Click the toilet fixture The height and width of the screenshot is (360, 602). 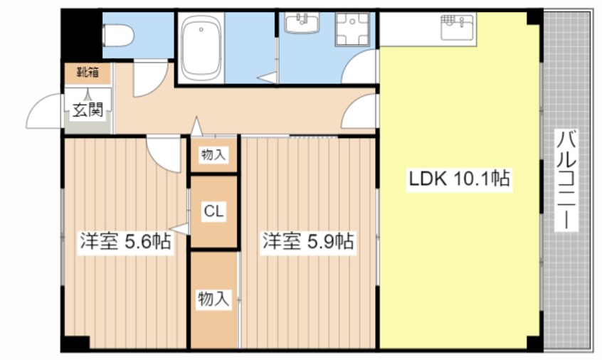(x=118, y=36)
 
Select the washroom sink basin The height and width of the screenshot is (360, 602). (x=302, y=23)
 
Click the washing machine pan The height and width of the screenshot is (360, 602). (x=352, y=29)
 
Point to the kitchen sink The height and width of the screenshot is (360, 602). (x=458, y=27)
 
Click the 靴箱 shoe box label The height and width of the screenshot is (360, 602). (x=88, y=72)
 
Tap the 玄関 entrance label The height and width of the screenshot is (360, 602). (x=88, y=110)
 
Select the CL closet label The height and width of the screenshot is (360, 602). (x=213, y=211)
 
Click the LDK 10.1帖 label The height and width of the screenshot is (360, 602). (x=459, y=179)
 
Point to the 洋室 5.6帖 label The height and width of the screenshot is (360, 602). (x=125, y=242)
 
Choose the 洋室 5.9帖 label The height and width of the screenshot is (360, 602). (x=308, y=241)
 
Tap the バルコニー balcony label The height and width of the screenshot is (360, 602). (x=566, y=181)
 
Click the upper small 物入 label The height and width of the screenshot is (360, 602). (x=213, y=155)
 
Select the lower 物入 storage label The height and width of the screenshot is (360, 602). (x=214, y=299)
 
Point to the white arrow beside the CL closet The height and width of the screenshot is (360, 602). (x=179, y=229)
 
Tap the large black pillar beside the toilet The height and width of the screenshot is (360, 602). (x=81, y=35)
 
